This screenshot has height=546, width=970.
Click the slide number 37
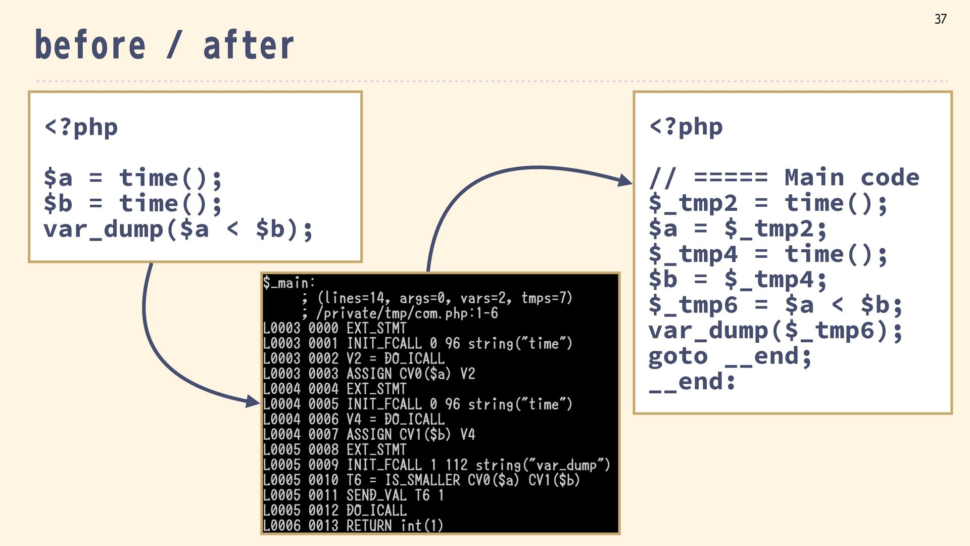940,19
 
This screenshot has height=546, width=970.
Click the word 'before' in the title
90,45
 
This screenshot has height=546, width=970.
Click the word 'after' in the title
248,45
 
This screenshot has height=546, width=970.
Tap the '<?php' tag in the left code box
81,127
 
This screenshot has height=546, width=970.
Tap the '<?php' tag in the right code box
686,127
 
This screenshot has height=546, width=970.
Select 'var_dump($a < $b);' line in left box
178,230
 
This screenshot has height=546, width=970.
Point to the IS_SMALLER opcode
422,480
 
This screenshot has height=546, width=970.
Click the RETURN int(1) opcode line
394,525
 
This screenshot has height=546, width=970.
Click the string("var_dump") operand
543,465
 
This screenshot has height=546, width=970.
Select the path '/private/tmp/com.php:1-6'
407,313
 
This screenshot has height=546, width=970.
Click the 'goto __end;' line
730,356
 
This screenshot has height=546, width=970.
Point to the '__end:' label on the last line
692,382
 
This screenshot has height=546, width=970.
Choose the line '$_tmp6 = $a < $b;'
775,305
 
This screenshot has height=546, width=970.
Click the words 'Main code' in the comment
852,177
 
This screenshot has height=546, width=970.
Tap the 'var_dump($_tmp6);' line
775,331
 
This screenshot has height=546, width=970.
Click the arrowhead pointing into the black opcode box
253,402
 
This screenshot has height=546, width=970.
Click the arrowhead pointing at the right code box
625,180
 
